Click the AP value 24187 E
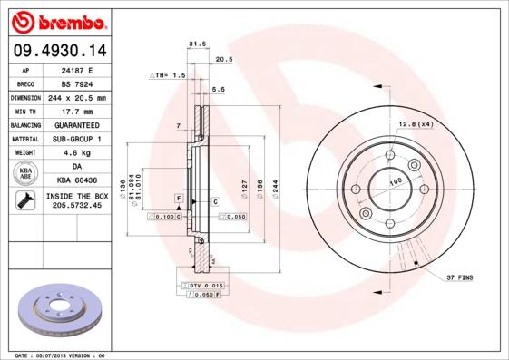click(76, 69)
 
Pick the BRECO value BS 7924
click(76, 83)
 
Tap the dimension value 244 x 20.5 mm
click(76, 97)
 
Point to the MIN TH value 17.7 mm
click(76, 111)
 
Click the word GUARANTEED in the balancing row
click(76, 124)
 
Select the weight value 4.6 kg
click(76, 153)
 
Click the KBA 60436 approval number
click(76, 180)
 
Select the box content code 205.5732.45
click(76, 207)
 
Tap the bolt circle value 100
click(396, 181)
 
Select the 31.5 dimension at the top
click(192, 44)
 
